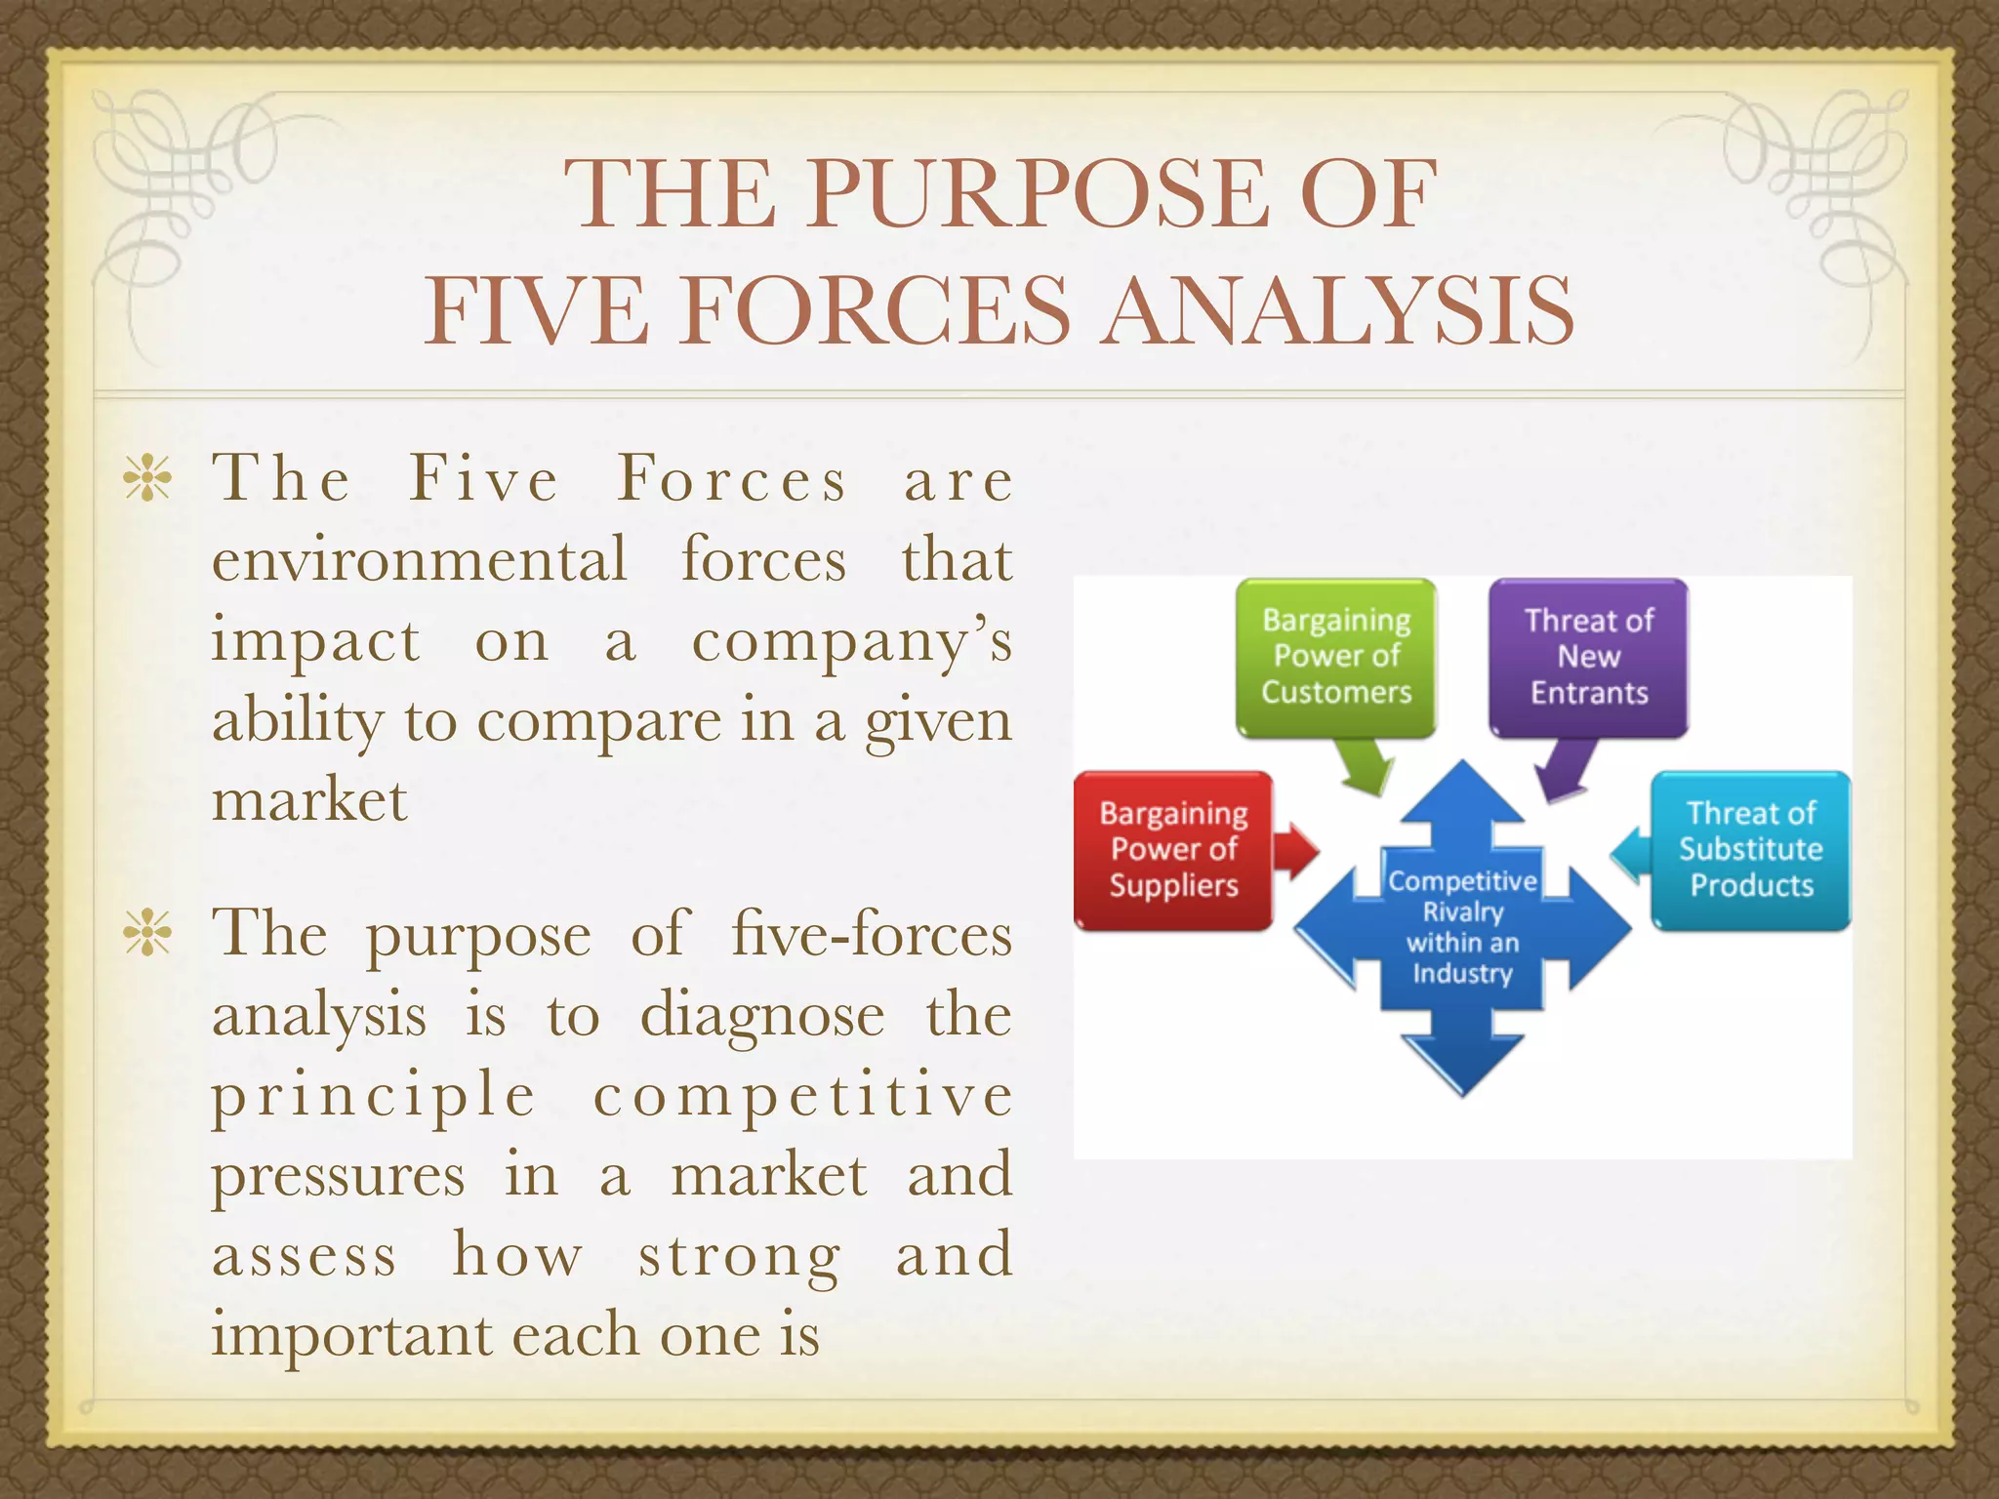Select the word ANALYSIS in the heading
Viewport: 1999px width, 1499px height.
click(1337, 311)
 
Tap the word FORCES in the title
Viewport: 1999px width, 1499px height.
click(877, 311)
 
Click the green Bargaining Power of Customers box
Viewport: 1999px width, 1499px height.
click(1335, 656)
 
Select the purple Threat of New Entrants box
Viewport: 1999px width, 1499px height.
click(1588, 656)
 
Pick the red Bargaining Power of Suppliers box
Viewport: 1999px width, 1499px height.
click(1173, 849)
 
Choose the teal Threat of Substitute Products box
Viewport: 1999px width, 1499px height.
click(1750, 849)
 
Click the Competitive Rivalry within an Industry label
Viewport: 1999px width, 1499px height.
click(1462, 926)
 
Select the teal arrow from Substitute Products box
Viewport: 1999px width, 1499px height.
click(1628, 855)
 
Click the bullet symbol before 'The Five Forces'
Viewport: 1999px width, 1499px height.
click(147, 479)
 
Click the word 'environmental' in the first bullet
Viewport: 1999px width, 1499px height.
click(420, 561)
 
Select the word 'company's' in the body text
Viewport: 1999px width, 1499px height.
click(851, 642)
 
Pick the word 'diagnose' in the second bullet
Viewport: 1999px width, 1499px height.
click(762, 1016)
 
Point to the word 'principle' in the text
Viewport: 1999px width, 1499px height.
click(374, 1096)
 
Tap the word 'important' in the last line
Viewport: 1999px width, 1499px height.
click(351, 1336)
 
